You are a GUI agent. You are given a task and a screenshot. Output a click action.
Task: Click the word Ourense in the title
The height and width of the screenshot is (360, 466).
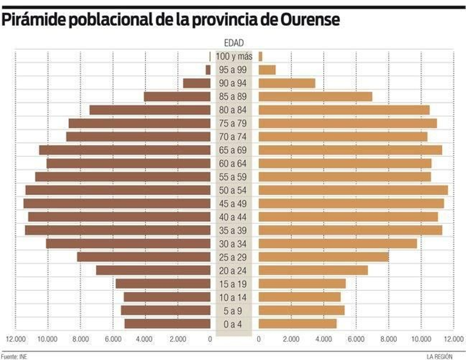click(311, 20)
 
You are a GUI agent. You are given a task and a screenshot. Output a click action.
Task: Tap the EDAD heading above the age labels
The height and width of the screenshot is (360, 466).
click(234, 43)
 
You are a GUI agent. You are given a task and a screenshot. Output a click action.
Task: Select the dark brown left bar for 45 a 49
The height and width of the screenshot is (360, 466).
click(116, 203)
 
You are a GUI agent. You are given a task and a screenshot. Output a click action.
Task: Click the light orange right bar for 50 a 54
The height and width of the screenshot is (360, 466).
click(353, 190)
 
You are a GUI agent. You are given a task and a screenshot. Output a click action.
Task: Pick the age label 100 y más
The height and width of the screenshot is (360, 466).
click(234, 56)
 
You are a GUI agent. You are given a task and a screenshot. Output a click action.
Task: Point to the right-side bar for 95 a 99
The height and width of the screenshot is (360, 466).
click(267, 70)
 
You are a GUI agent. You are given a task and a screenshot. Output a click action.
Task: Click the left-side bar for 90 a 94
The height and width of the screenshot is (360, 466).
click(197, 83)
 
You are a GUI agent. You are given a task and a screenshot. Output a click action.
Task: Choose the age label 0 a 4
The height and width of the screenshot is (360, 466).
click(233, 324)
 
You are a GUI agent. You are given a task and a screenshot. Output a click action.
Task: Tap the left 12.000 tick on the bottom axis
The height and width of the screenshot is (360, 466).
click(16, 339)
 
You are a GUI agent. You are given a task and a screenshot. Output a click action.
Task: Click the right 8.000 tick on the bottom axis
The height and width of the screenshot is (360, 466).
click(389, 339)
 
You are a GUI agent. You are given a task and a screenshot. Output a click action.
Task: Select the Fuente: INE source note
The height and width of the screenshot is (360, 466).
click(14, 357)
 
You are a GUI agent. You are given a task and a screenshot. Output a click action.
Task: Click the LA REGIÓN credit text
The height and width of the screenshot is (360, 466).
click(439, 357)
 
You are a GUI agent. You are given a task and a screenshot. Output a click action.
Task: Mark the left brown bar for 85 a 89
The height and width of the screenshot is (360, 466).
click(177, 97)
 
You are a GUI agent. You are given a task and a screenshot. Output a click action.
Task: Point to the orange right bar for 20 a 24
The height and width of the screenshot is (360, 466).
click(313, 270)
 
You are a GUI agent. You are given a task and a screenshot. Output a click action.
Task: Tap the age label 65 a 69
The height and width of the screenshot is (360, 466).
click(233, 150)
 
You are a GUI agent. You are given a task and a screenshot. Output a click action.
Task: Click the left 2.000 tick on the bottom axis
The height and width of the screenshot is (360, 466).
click(178, 339)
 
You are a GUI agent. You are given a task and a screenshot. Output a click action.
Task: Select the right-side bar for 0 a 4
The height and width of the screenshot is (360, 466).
click(297, 324)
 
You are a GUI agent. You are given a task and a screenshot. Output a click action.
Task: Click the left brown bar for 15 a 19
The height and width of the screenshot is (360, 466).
click(163, 284)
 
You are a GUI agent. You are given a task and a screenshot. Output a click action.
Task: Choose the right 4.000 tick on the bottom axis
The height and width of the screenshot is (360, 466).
click(324, 339)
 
